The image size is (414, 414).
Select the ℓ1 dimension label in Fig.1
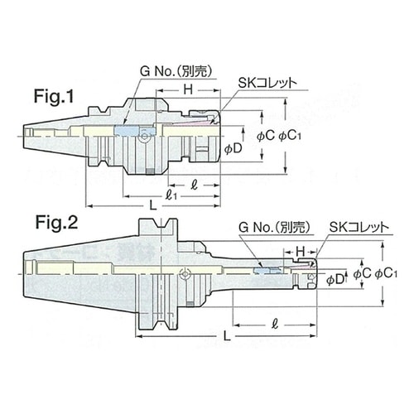coord(172,195)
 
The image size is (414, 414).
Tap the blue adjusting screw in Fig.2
coord(262,270)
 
